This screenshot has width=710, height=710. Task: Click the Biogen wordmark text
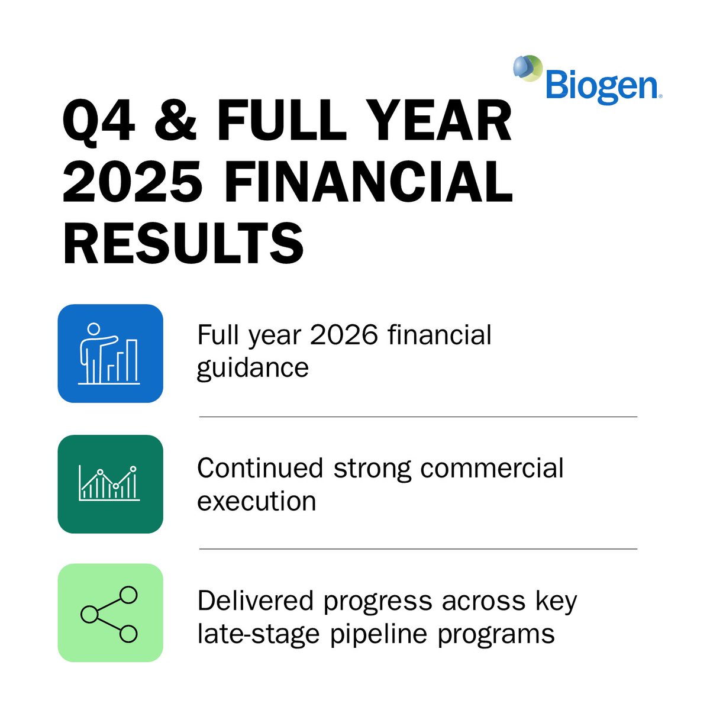coord(601,86)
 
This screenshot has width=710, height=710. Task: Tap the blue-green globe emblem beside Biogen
coord(527,69)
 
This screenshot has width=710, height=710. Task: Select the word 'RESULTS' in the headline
coord(183,243)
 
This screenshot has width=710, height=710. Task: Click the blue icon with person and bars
coord(110,354)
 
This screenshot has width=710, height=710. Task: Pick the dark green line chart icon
coord(110,484)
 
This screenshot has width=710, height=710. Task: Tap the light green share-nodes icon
coord(110,613)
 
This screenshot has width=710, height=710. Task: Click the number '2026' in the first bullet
coord(344,335)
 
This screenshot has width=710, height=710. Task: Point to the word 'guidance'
coord(253,368)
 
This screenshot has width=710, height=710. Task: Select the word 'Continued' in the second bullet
coord(260,468)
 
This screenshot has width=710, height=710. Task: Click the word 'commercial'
coord(492,468)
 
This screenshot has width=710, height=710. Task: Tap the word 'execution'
coord(256,501)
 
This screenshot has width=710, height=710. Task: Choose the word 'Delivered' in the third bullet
coord(256,601)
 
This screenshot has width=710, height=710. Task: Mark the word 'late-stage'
coord(259,634)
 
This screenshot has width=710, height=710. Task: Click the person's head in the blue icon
coord(93,328)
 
